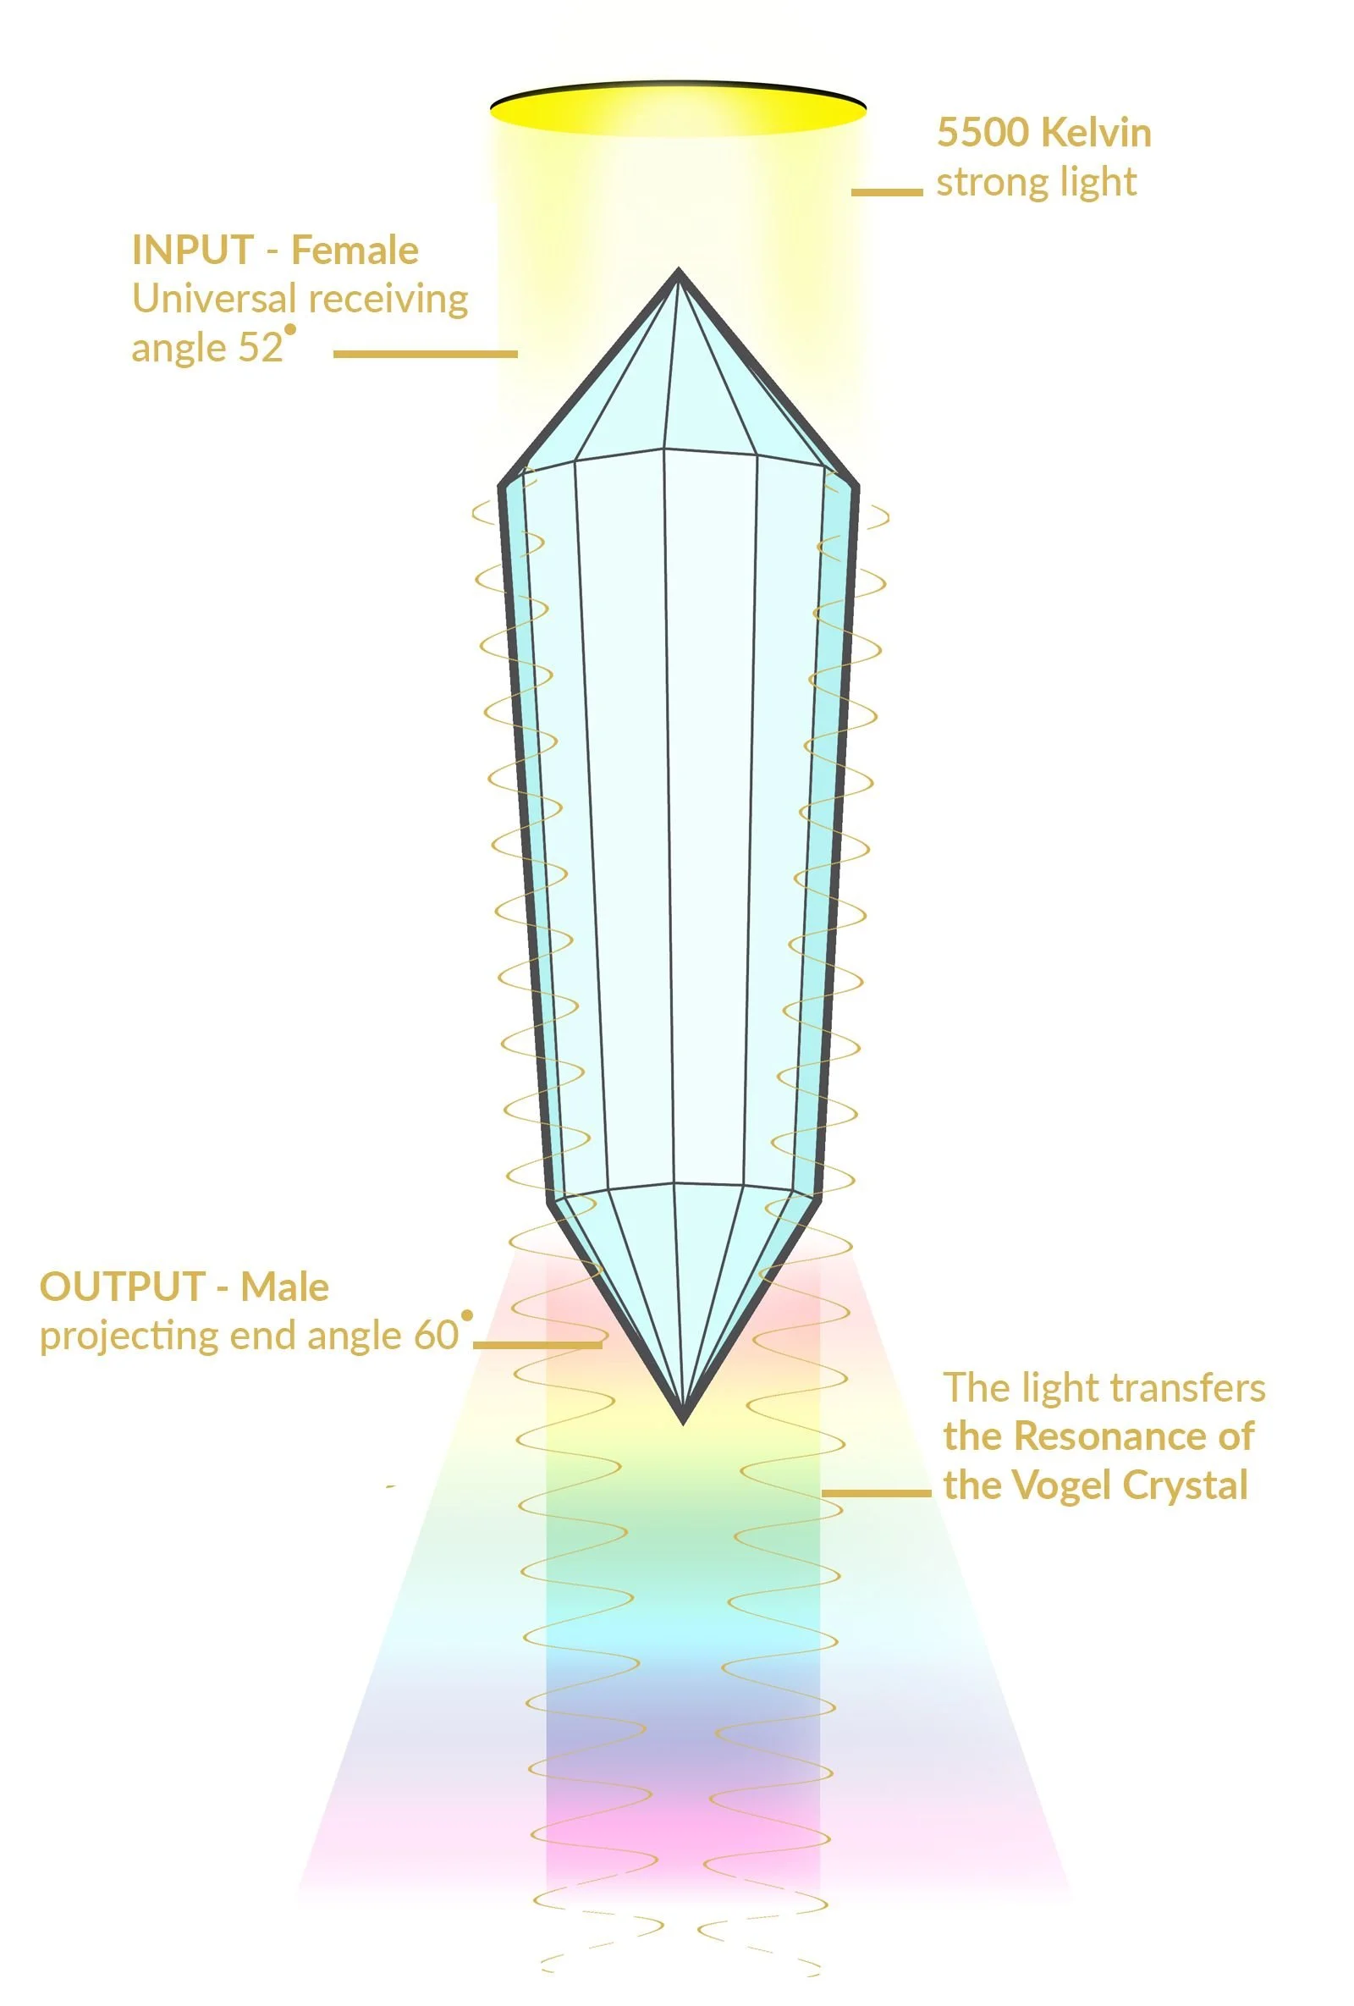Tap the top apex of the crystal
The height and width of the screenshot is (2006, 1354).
pos(679,273)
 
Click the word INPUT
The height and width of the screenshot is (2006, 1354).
pos(191,251)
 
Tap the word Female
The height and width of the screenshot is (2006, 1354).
pos(355,251)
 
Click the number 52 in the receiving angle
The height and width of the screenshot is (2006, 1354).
pos(263,348)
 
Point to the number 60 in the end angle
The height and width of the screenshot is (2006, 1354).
pos(436,1336)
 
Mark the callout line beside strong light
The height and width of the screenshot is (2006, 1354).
pos(886,191)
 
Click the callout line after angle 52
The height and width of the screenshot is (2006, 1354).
pos(425,353)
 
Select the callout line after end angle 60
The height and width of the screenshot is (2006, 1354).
pos(537,1344)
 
